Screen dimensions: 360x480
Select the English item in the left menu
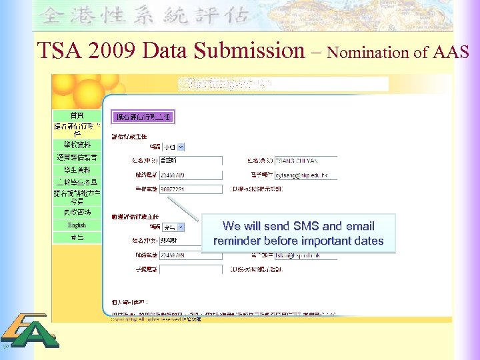[77, 225]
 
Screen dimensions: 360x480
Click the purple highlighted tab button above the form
[143, 117]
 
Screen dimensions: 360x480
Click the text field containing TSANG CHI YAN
[305, 161]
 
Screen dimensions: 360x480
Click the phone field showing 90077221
[191, 189]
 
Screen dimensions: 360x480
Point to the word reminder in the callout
[237, 241]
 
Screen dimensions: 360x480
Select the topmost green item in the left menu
[77, 115]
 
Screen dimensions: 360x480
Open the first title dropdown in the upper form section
[175, 147]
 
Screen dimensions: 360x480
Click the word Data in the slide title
[165, 50]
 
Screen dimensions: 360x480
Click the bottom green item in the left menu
[77, 237]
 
